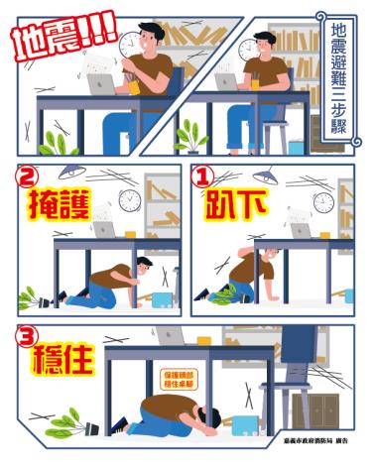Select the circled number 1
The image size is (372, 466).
[x=205, y=178]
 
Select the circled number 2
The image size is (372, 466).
[x=29, y=178]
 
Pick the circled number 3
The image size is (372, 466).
[x=30, y=336]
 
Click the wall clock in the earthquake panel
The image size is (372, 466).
[x=130, y=45]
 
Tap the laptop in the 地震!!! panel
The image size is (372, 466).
[x=101, y=84]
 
